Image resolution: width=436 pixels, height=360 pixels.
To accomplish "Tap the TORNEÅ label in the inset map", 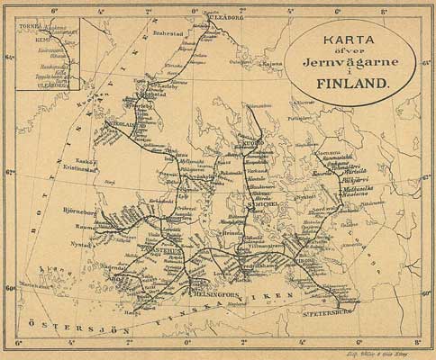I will [x=30, y=28].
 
